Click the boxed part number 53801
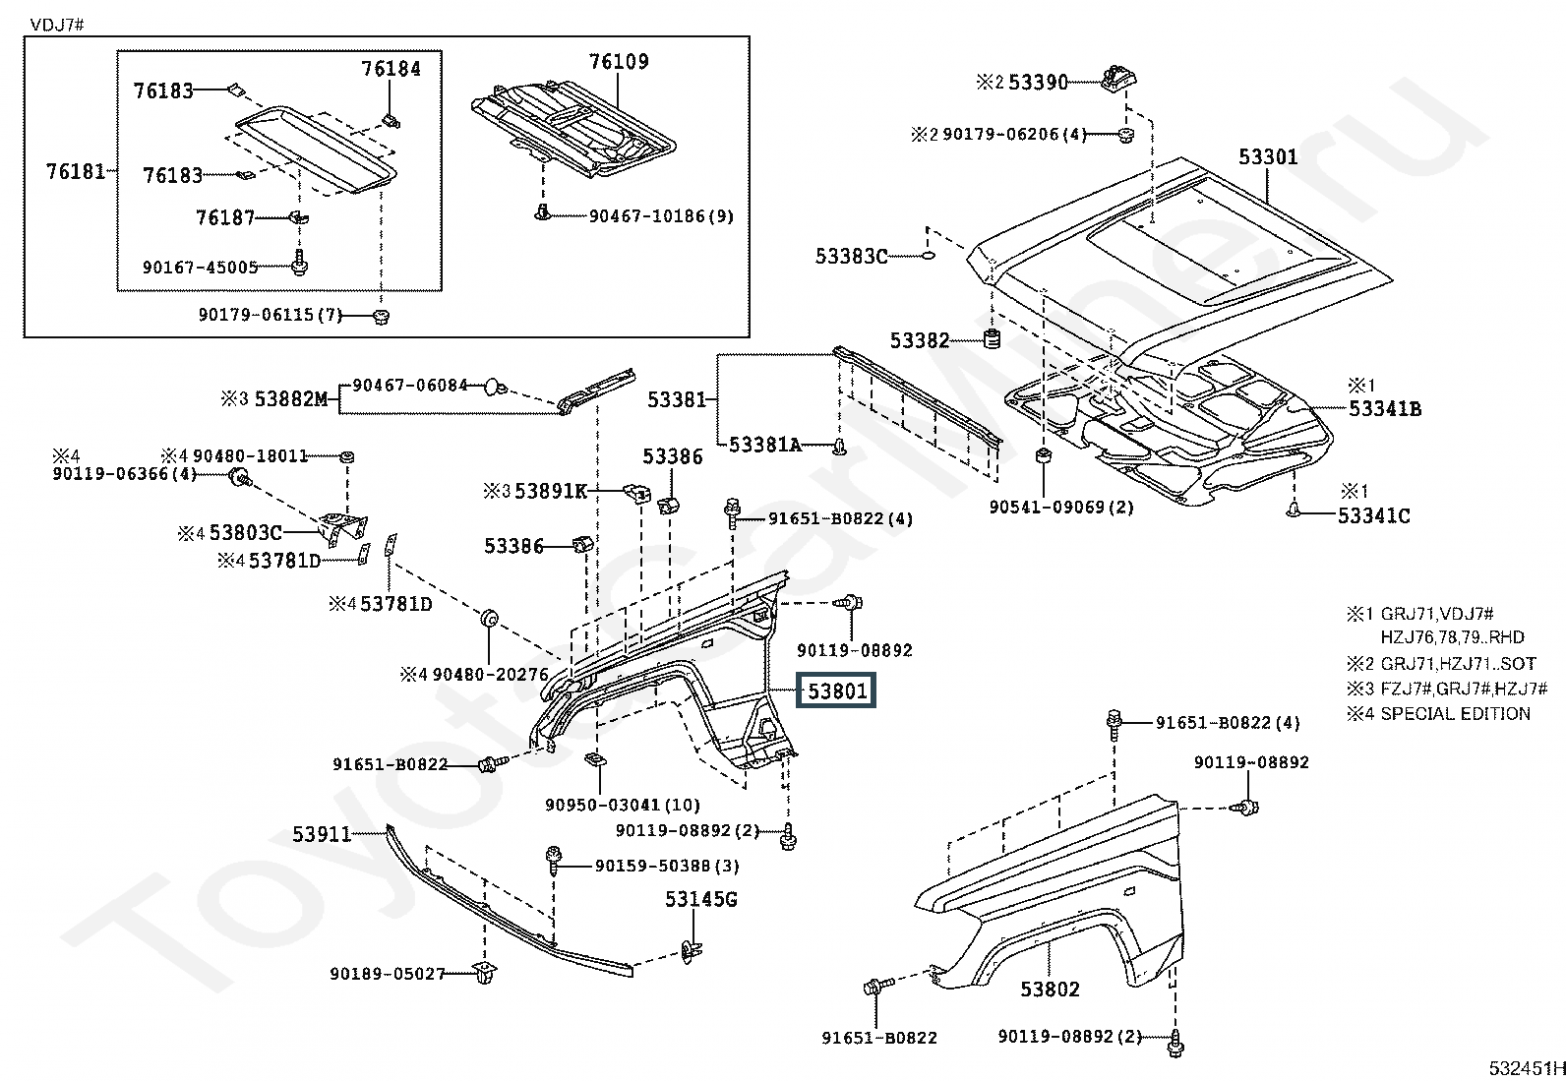[x=837, y=691]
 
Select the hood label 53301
[x=1267, y=157]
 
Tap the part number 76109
[x=619, y=62]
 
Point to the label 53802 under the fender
[x=1050, y=990]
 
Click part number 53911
[x=322, y=834]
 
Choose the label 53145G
[x=700, y=899]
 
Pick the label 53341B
[x=1385, y=409]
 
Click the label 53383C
[x=851, y=257]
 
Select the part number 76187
[x=225, y=217]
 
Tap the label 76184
[x=391, y=69]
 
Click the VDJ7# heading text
[x=58, y=24]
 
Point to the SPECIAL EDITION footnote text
[x=1455, y=714]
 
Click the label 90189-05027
[x=387, y=974]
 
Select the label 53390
[x=1038, y=83]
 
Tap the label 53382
[x=920, y=340]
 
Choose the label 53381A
[x=765, y=445]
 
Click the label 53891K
[x=550, y=490]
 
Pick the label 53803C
[x=245, y=533]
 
